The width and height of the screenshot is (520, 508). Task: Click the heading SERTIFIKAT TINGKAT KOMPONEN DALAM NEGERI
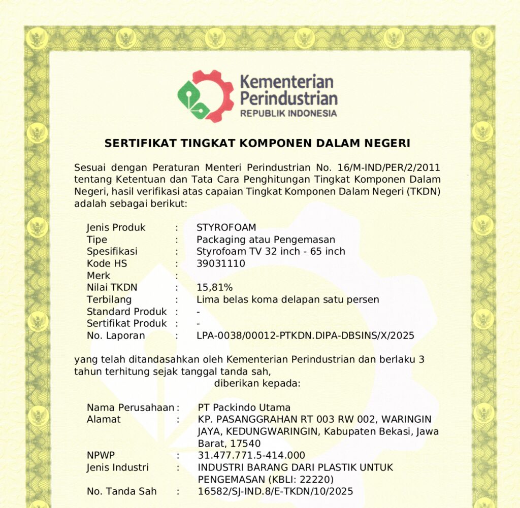pyautogui.click(x=257, y=144)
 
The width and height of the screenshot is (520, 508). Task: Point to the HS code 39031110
pyautogui.click(x=220, y=263)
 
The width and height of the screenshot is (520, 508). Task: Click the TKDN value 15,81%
pyautogui.click(x=214, y=287)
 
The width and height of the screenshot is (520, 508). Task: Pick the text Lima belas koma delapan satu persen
pyautogui.click(x=287, y=299)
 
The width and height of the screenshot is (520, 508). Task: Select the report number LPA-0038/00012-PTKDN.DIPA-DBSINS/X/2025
pyautogui.click(x=305, y=335)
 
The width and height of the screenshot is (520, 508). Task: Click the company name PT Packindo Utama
pyautogui.click(x=244, y=408)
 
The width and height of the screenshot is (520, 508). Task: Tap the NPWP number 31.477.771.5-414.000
pyautogui.click(x=251, y=455)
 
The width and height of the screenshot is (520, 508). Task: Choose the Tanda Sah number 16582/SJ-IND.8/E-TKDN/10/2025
pyautogui.click(x=275, y=491)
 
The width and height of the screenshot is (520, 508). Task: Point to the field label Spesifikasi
pyautogui.click(x=112, y=251)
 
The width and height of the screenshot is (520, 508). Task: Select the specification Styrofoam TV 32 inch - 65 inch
pyautogui.click(x=271, y=251)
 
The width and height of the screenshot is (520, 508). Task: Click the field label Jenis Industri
pyautogui.click(x=117, y=467)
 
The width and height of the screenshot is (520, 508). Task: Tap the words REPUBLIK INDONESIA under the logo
pyautogui.click(x=288, y=113)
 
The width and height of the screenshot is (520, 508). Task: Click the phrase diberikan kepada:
pyautogui.click(x=257, y=383)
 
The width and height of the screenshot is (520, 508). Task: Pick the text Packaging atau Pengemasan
pyautogui.click(x=266, y=240)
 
